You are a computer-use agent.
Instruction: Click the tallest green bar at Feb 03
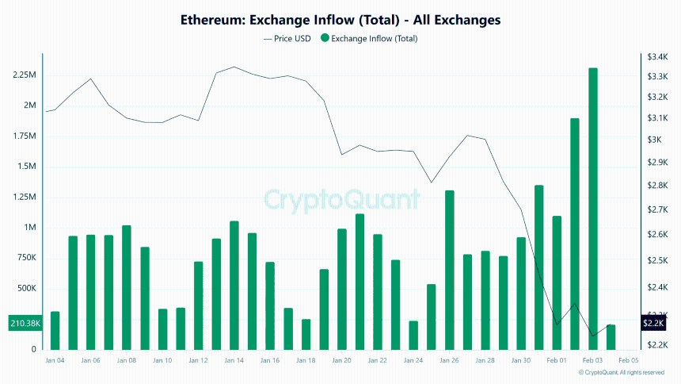[592, 209]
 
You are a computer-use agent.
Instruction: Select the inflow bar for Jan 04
[55, 330]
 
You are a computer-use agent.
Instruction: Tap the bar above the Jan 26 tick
[449, 270]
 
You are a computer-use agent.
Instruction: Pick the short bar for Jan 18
[306, 334]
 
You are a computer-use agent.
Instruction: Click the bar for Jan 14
[234, 285]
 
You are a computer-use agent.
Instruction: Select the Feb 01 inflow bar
[557, 282]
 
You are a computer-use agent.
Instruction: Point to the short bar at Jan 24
[413, 335]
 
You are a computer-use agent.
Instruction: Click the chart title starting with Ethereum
[340, 19]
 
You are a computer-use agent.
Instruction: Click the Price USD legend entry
[286, 38]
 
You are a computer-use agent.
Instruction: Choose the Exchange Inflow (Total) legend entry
[368, 38]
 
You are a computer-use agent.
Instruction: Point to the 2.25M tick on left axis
[24, 75]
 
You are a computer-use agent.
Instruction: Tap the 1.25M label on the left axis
[24, 198]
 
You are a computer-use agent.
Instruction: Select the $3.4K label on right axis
[658, 57]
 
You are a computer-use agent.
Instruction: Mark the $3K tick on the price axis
[655, 140]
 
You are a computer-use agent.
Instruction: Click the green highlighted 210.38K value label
[24, 324]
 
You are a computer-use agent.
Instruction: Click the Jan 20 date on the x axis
[341, 360]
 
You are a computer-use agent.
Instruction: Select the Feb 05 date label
[629, 360]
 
